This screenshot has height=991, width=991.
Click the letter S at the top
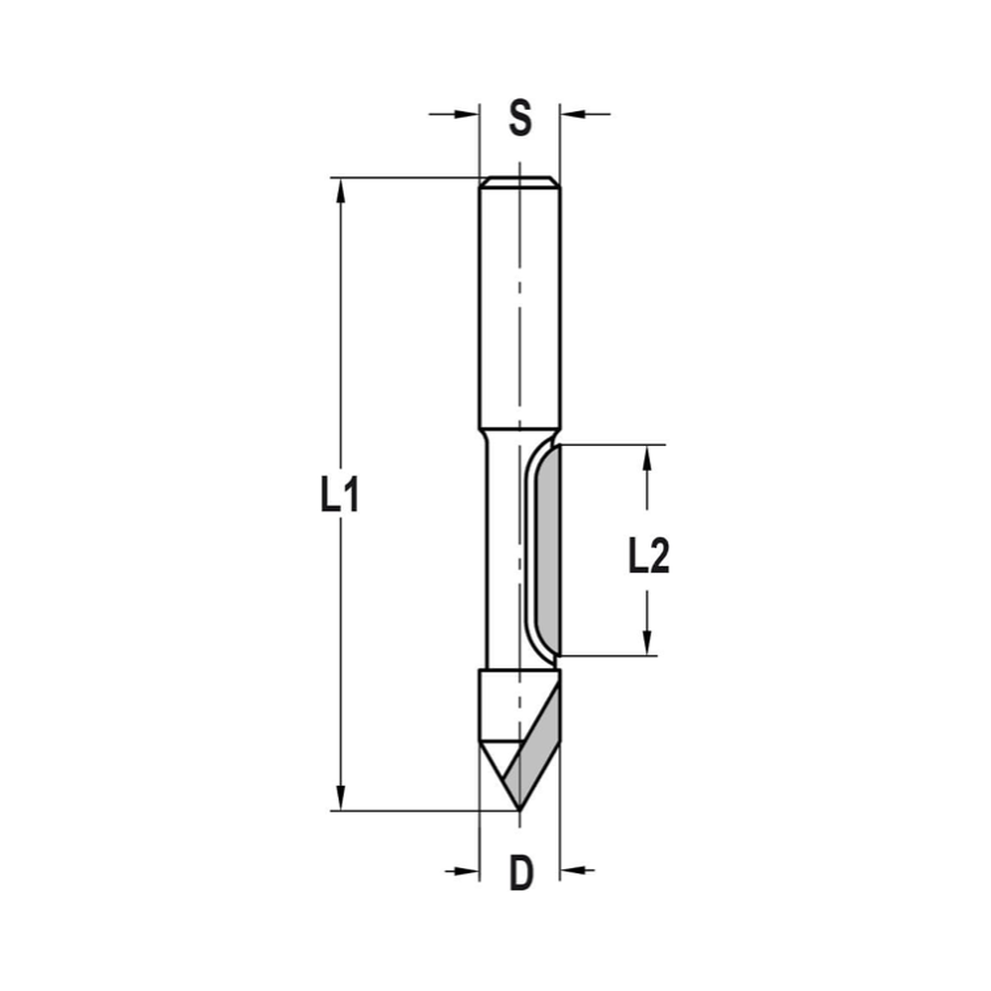(x=520, y=117)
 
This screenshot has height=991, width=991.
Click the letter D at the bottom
(x=521, y=873)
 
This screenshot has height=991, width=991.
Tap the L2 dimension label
(x=649, y=558)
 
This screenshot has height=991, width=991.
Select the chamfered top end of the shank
(x=519, y=182)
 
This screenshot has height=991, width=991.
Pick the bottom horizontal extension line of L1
(x=416, y=811)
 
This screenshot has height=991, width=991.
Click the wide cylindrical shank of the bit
(x=519, y=307)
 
